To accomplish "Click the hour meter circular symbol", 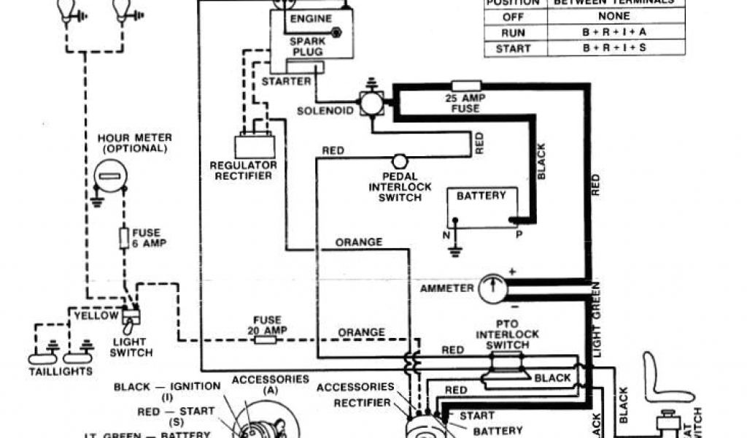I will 111,177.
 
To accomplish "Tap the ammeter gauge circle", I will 493,287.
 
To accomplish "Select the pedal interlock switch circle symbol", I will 399,161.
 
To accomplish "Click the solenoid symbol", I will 372,104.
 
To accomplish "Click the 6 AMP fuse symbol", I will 124,237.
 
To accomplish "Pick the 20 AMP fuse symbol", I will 266,339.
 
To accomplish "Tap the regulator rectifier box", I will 255,147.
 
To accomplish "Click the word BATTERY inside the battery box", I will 481,196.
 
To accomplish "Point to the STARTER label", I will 285,81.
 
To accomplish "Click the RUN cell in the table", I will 513,33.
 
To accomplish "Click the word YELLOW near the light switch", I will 96,315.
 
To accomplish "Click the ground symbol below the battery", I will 454,251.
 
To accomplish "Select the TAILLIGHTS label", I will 61,371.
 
